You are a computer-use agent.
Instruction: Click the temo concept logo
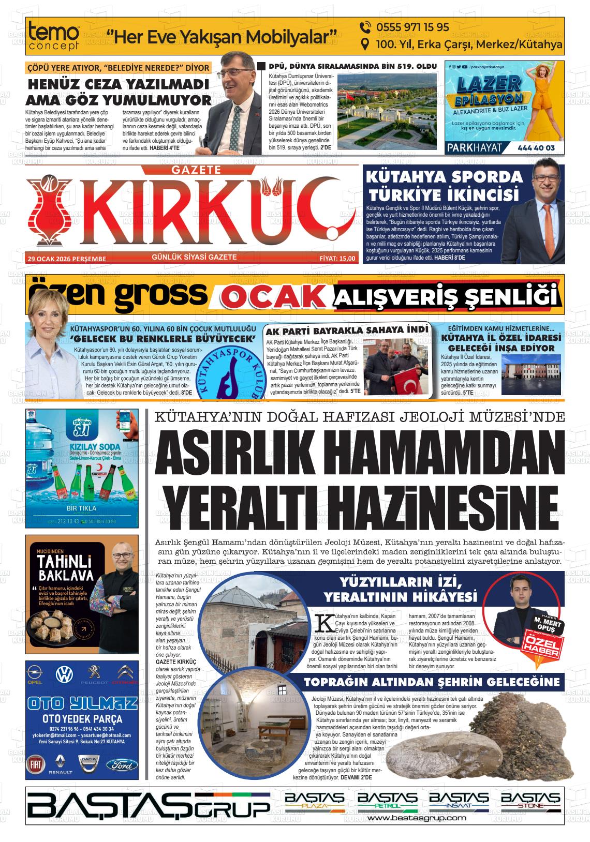(54, 36)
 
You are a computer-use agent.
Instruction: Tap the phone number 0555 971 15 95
(405, 27)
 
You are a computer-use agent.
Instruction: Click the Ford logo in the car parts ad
(123, 765)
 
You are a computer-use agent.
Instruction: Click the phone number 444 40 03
(536, 148)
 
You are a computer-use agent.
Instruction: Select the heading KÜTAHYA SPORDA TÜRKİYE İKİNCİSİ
(444, 186)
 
